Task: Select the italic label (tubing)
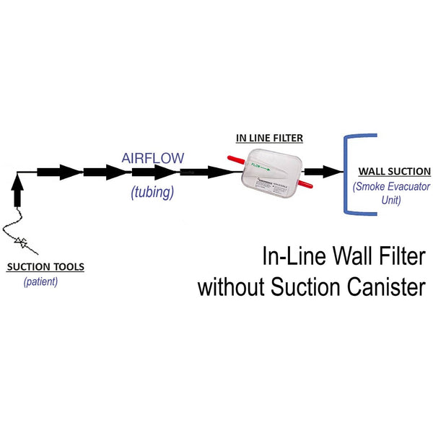152,193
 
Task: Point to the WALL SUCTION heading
394,172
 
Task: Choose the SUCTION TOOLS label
45,267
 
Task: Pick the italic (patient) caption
40,281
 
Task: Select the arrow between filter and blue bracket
323,172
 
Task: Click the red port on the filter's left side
236,161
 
